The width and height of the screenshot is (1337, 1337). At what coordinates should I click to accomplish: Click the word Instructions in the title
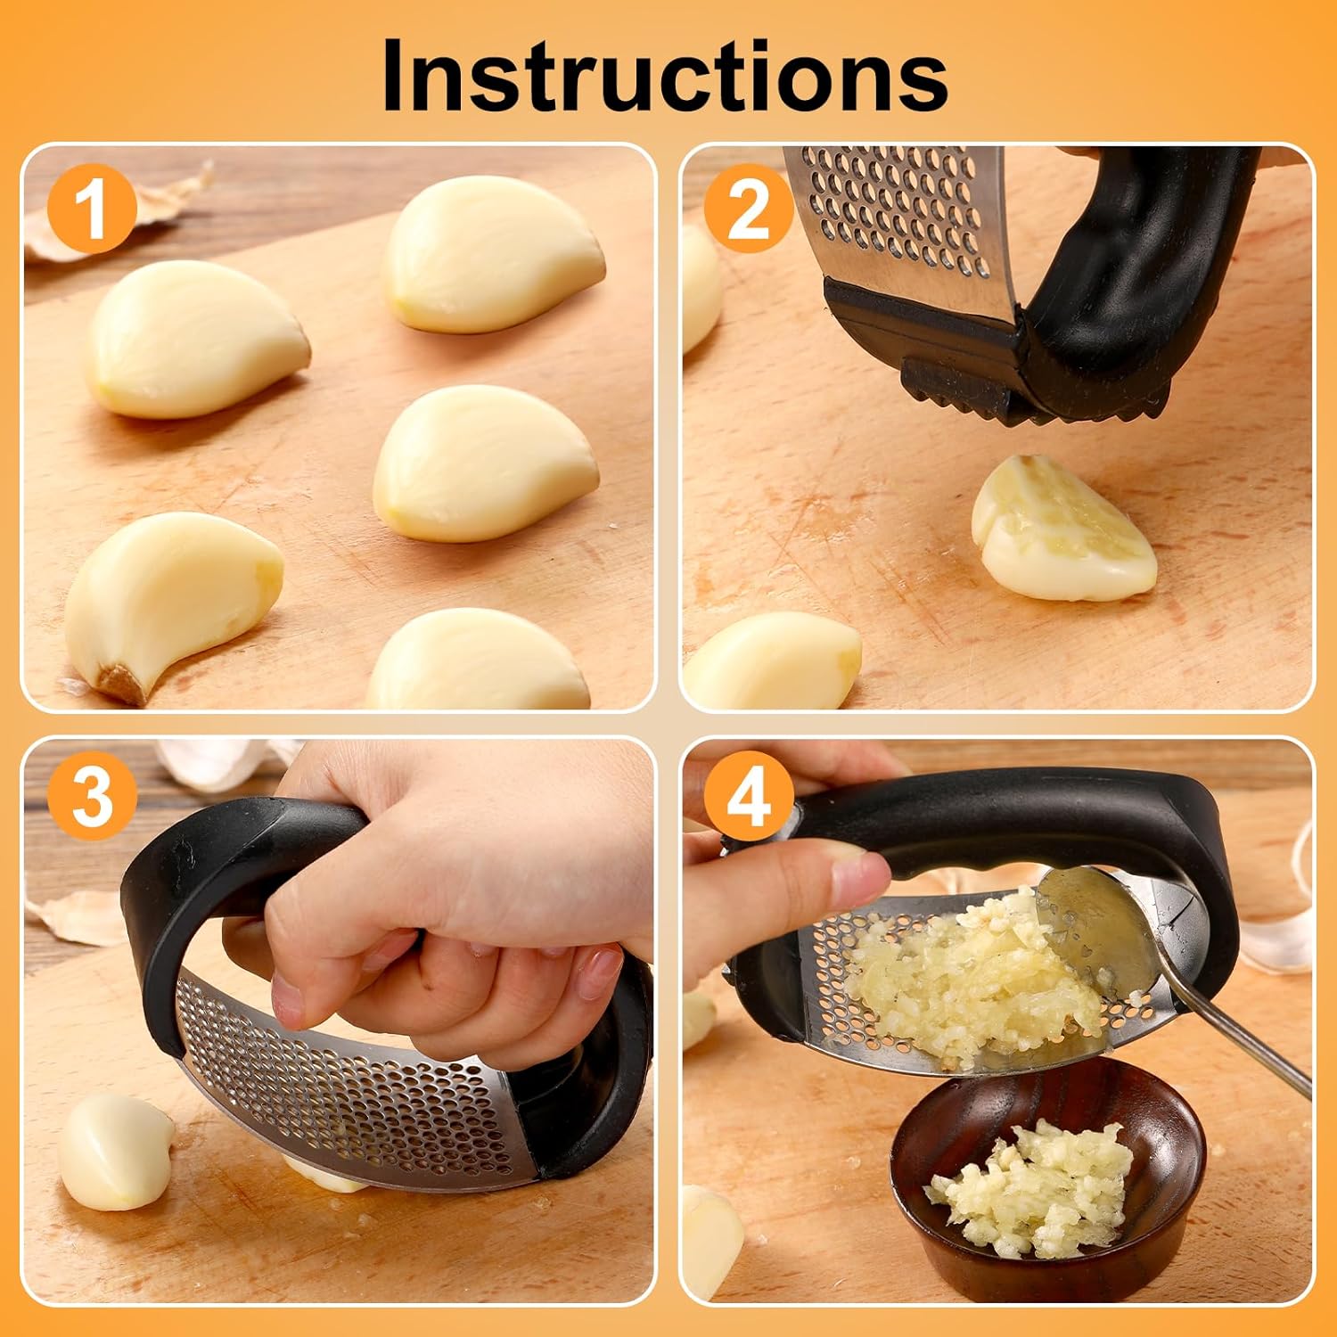[x=664, y=76]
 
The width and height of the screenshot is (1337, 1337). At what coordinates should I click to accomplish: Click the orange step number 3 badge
[x=92, y=795]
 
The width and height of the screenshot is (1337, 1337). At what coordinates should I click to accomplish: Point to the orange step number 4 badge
[x=748, y=795]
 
